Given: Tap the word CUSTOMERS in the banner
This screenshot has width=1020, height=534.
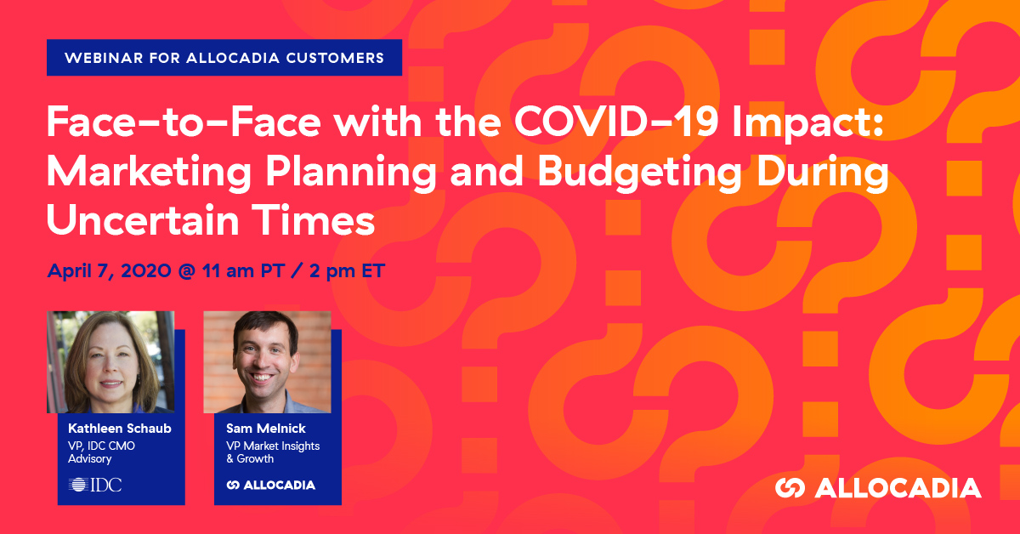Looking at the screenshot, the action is pyautogui.click(x=335, y=58).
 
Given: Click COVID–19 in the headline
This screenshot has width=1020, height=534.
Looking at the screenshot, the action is pyautogui.click(x=616, y=122).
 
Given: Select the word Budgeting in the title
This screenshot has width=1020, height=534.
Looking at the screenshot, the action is pyautogui.click(x=640, y=173).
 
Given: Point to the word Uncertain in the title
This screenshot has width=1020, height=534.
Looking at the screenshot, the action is pyautogui.click(x=143, y=220).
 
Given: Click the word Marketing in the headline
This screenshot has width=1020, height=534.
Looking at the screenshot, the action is pyautogui.click(x=149, y=173).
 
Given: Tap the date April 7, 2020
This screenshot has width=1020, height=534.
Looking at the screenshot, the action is pyautogui.click(x=110, y=271).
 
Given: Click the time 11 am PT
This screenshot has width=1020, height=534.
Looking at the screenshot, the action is pyautogui.click(x=244, y=270).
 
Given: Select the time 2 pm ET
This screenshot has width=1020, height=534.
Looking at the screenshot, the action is pyautogui.click(x=347, y=270).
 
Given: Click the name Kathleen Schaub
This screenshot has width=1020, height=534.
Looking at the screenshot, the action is pyautogui.click(x=119, y=429).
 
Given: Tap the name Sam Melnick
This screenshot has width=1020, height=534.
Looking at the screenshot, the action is pyautogui.click(x=266, y=429).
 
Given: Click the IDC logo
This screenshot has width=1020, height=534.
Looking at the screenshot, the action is pyautogui.click(x=95, y=485).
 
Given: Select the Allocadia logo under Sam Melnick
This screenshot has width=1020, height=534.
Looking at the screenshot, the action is pyautogui.click(x=271, y=486).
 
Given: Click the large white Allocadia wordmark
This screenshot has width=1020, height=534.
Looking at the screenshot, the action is pyautogui.click(x=878, y=488).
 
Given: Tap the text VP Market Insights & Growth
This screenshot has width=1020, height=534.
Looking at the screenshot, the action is pyautogui.click(x=273, y=452).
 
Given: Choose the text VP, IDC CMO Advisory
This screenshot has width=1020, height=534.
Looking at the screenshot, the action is pyautogui.click(x=101, y=452).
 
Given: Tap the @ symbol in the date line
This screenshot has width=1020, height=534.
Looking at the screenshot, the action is pyautogui.click(x=187, y=271).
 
